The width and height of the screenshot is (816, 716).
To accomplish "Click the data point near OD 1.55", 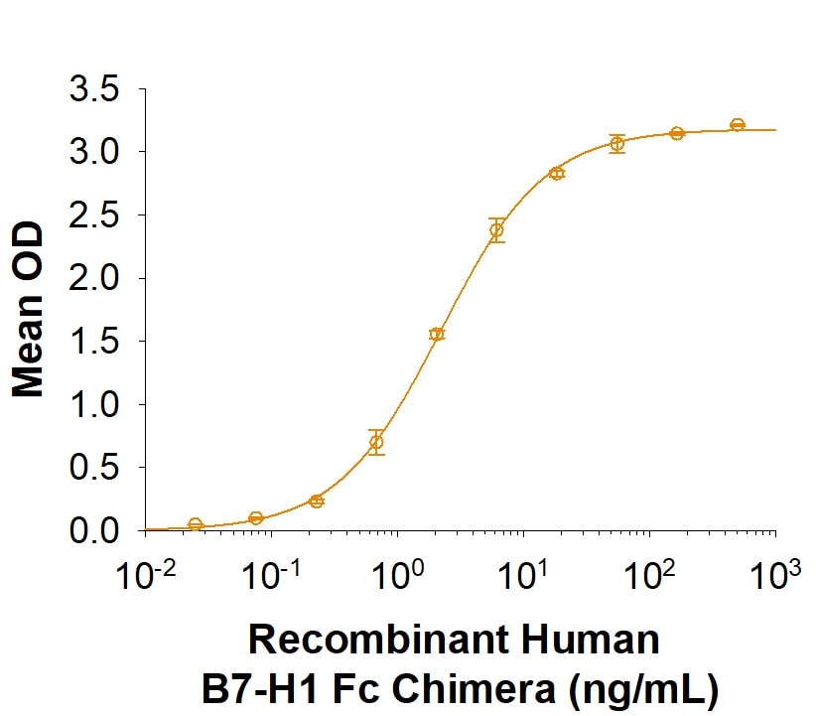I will click(437, 334).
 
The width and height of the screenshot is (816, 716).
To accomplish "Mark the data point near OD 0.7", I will click(376, 443).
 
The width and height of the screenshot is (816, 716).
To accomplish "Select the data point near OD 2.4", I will click(496, 230).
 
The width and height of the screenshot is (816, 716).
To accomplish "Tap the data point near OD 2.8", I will click(557, 173).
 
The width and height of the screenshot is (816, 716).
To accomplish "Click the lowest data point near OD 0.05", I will click(196, 524).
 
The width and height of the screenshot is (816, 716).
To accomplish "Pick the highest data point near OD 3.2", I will click(738, 124).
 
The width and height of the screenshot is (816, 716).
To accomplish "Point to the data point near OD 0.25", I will click(316, 501).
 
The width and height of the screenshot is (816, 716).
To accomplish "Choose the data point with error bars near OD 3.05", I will click(617, 144).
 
